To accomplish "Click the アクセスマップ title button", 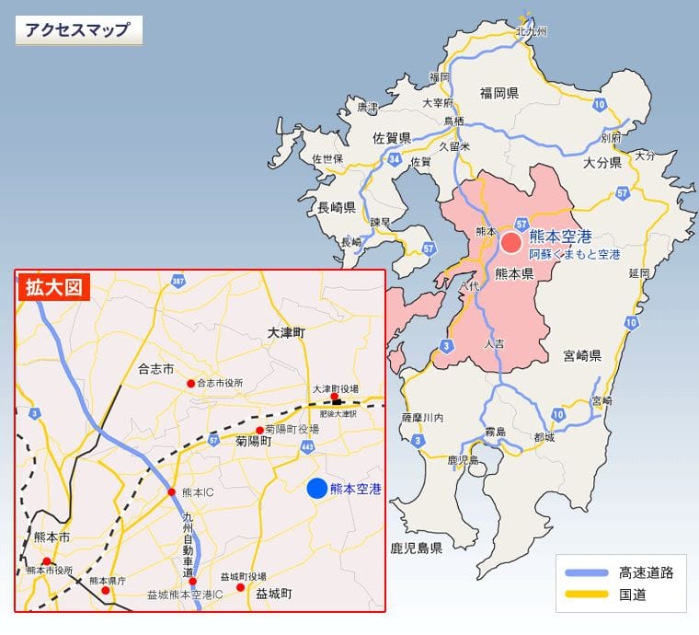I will [78, 29].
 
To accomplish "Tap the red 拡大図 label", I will [53, 287].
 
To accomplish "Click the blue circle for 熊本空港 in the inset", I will [316, 489].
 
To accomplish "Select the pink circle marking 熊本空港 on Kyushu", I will [511, 243].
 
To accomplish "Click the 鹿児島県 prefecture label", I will [417, 548].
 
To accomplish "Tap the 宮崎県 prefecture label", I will [582, 355].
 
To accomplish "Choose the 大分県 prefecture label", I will [602, 162].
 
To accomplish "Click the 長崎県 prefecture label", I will [336, 207].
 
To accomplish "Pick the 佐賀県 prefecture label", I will [391, 138].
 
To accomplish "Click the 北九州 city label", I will [531, 31].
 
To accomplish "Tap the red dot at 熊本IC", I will [171, 492].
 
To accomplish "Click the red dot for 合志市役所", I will [190, 383].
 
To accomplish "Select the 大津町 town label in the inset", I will [285, 331].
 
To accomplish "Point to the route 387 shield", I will [178, 281].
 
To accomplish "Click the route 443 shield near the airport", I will [306, 447].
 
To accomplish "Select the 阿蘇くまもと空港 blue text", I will [574, 254].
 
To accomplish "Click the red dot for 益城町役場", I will [240, 587].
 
